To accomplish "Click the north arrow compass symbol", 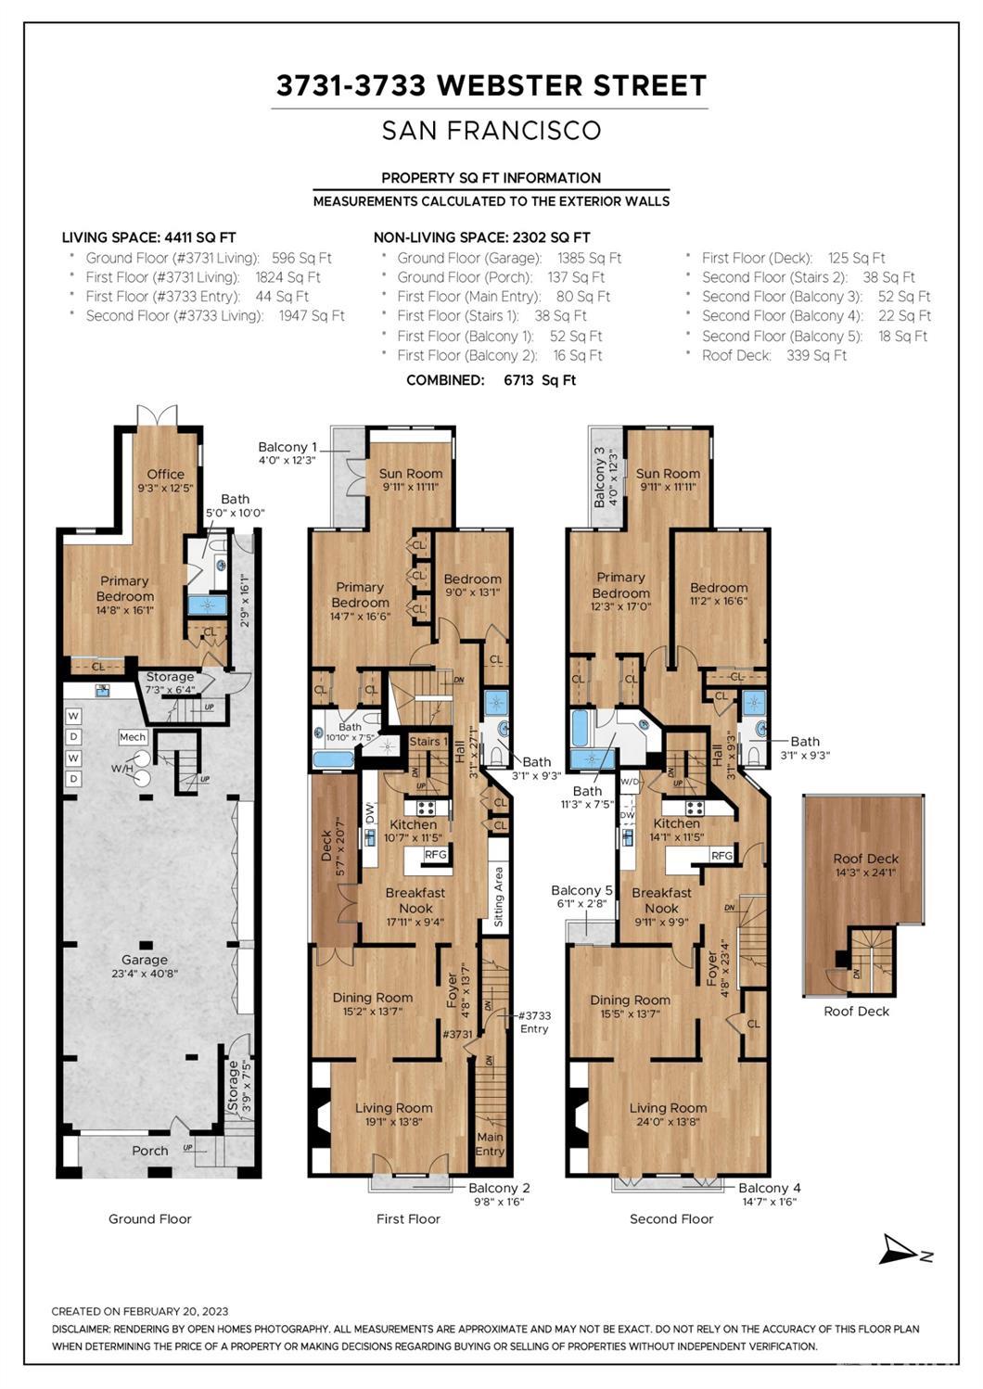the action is point(905,1250).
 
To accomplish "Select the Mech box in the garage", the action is point(133,736).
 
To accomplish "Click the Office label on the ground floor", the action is point(166,474).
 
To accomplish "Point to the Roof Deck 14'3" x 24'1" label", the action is point(866,865).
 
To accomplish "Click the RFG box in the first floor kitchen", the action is point(435,854).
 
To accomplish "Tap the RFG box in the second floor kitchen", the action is point(721,855).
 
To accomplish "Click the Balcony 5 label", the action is point(581,890).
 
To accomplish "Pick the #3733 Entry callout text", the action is point(534,1022).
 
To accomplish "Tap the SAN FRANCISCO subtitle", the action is point(491,130).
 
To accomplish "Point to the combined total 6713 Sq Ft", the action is point(540,380).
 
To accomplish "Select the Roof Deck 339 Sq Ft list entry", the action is point(774,355).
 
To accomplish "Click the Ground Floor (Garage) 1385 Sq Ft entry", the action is point(509,258).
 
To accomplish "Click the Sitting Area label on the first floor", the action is point(499,896).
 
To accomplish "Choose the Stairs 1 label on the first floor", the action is point(428,741).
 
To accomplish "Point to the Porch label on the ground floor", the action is point(150,1151).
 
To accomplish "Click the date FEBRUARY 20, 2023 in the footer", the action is point(175,1311).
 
